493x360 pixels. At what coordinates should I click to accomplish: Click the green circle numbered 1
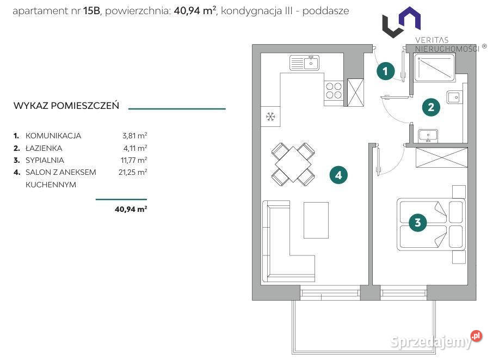[x=385, y=71]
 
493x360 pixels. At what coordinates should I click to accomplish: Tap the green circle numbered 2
[x=431, y=107]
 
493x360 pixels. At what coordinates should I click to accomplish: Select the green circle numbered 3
[x=417, y=223]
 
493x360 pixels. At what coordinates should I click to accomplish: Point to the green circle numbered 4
[x=338, y=175]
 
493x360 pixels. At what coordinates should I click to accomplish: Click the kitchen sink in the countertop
[x=304, y=63]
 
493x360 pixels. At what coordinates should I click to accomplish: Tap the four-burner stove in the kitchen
[x=334, y=90]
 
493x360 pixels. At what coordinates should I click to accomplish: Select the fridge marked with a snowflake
[x=270, y=117]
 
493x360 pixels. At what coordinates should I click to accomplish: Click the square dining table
[x=293, y=164]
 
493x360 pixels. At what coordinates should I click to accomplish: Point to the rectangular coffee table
[x=316, y=220]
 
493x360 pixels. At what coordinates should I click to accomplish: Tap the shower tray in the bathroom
[x=435, y=68]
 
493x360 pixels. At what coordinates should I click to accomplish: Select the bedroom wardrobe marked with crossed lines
[x=441, y=157]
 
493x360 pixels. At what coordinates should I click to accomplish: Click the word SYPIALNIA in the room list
[x=45, y=160]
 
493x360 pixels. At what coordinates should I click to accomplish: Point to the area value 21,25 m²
[x=133, y=172]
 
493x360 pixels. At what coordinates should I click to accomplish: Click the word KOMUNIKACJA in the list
[x=53, y=136]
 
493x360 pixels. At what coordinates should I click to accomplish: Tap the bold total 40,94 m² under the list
[x=131, y=209]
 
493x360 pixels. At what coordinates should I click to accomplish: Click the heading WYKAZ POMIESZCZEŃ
[x=66, y=106]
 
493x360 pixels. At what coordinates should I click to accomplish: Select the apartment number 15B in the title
[x=91, y=11]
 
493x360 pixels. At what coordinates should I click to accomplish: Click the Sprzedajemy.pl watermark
[x=436, y=340]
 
